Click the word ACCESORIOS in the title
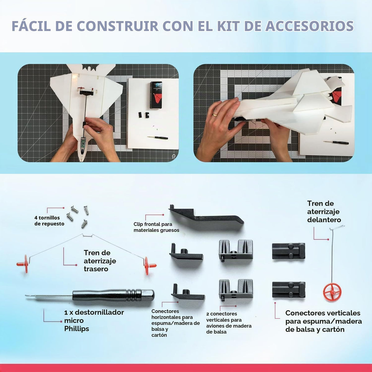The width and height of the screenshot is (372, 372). [309, 26]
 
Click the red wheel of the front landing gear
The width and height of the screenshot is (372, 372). [332, 292]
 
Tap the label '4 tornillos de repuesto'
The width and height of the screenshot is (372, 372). [49, 221]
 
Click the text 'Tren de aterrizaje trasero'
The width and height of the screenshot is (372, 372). [100, 261]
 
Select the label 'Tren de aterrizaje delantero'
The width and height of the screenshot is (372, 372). [324, 212]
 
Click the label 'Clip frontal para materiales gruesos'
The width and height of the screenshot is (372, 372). [156, 227]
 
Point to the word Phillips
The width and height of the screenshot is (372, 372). [77, 329]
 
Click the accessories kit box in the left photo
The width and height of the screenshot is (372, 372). [156, 95]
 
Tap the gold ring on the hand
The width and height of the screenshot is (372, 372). [215, 115]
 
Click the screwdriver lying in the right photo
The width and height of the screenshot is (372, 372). [336, 143]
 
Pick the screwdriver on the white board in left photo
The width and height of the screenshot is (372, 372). [157, 138]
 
